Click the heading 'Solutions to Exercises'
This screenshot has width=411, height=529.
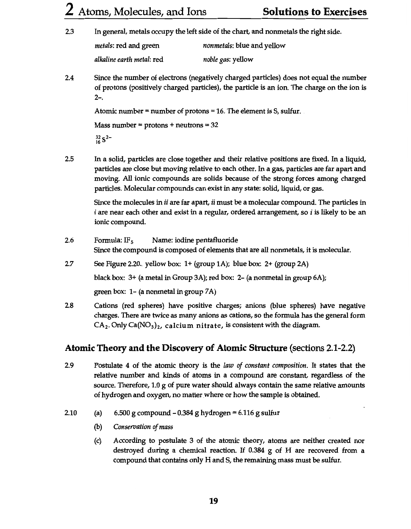315,12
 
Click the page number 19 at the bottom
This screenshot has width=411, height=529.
214,501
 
